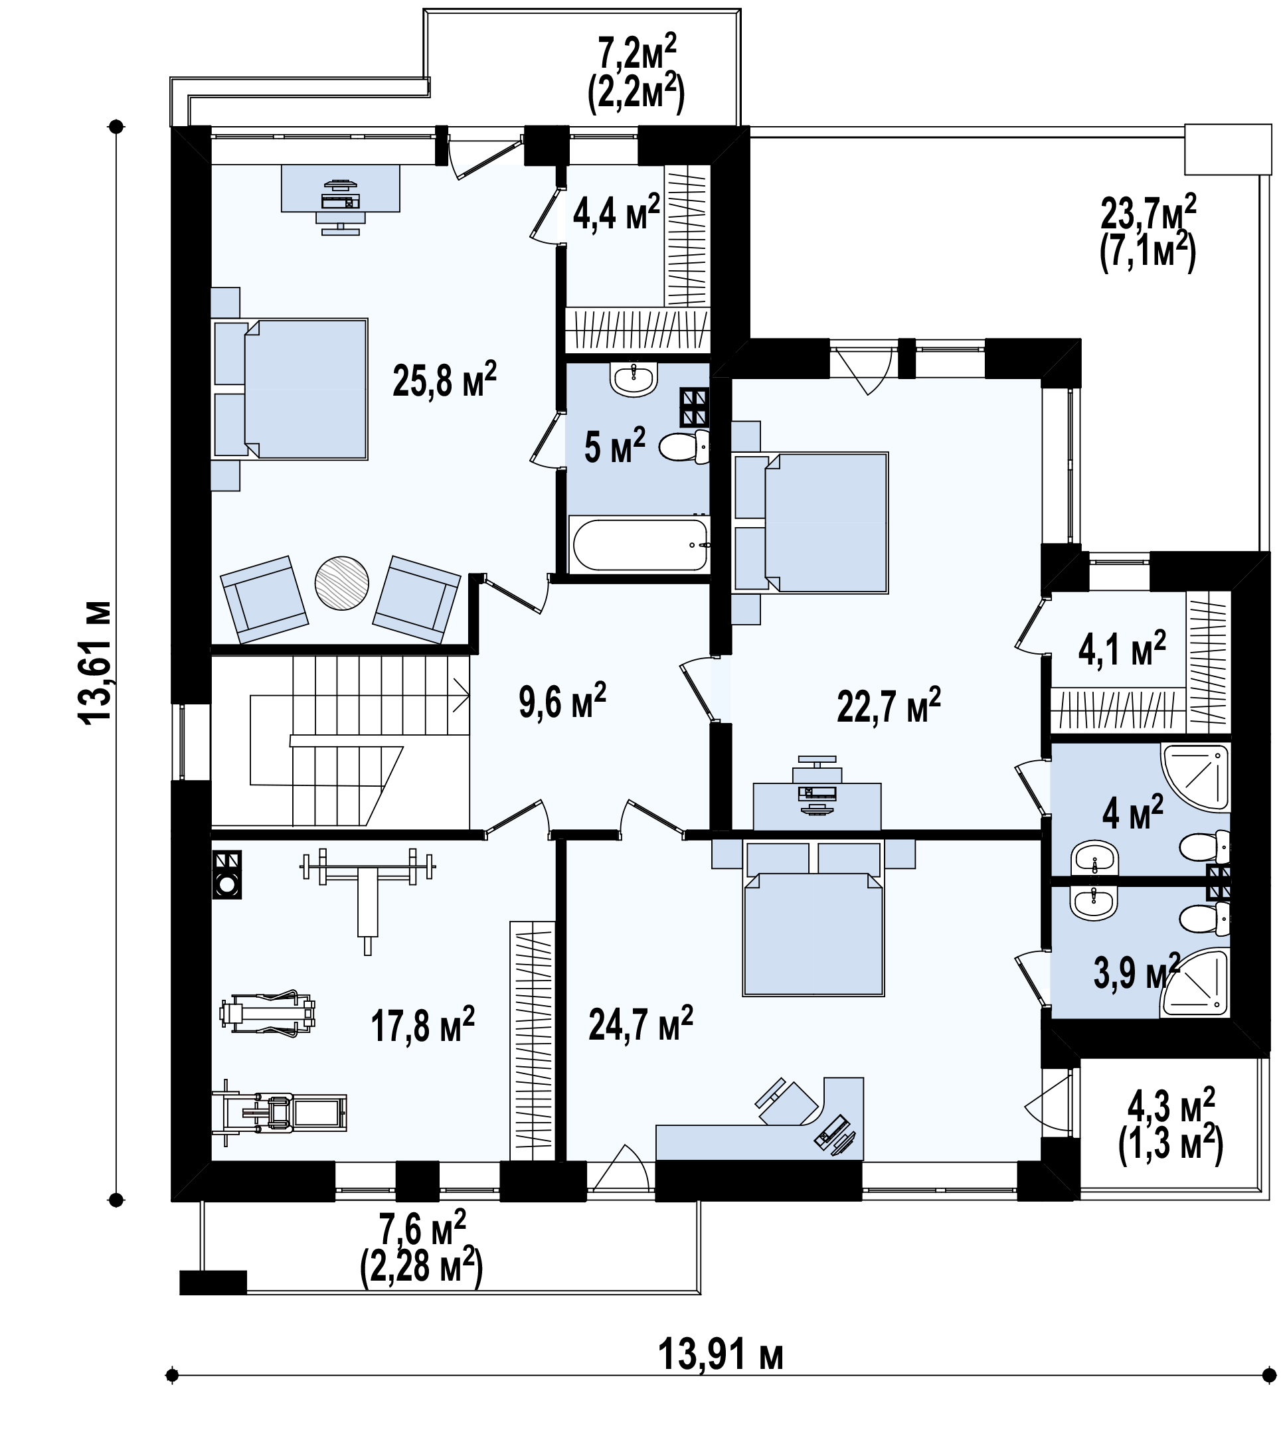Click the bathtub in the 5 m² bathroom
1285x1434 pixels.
tap(640, 544)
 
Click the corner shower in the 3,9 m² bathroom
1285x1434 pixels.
tap(1195, 983)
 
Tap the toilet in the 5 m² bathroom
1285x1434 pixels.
tap(684, 446)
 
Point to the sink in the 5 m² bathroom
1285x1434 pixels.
tap(635, 380)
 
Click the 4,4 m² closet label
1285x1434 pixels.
tap(616, 212)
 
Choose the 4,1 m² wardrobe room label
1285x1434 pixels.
tap(1122, 649)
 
